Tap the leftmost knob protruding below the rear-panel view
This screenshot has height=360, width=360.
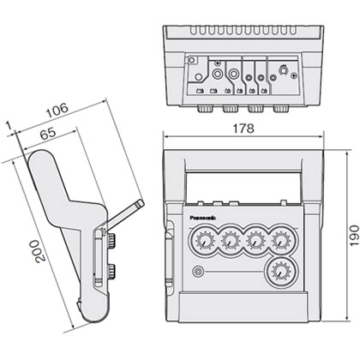coord(207,110)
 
